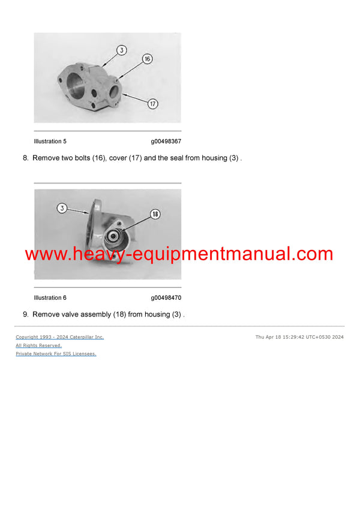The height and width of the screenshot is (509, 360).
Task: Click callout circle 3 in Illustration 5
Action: (x=122, y=50)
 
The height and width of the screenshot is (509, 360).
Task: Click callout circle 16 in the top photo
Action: (x=147, y=59)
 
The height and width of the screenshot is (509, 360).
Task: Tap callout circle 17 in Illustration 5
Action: (x=152, y=104)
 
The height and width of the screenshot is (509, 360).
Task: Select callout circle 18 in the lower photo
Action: (x=155, y=214)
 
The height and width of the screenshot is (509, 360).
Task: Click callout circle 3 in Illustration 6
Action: (x=62, y=208)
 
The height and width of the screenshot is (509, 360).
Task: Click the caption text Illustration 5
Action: (x=50, y=141)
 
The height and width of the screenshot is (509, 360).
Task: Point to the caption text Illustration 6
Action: (x=50, y=298)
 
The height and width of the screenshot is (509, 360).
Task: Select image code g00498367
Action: (x=166, y=141)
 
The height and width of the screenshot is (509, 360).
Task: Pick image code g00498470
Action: (x=166, y=298)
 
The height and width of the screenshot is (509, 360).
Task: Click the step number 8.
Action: (x=25, y=158)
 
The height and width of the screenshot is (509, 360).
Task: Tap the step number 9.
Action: (x=25, y=314)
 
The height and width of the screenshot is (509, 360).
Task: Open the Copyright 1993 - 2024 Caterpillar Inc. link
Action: (x=59, y=337)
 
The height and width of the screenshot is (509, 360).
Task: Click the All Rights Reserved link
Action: (x=38, y=345)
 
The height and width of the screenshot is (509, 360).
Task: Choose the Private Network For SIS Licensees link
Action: (x=56, y=354)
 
